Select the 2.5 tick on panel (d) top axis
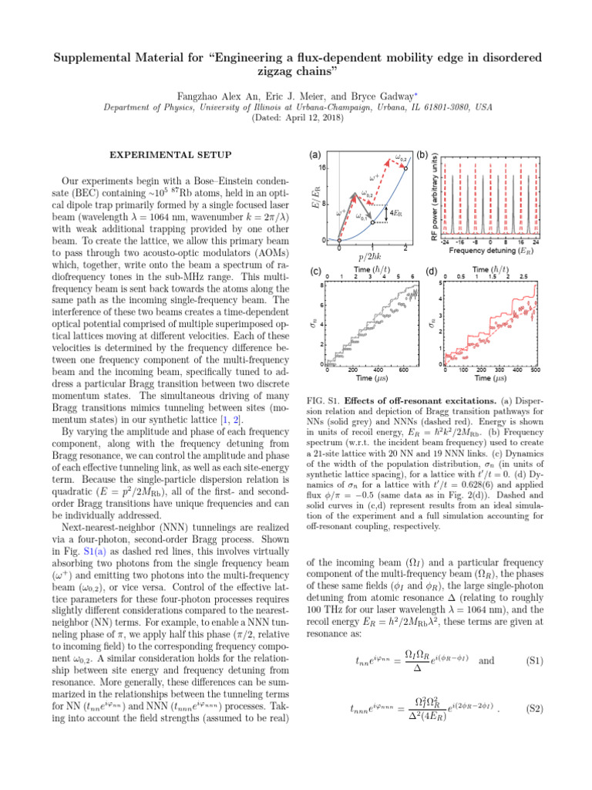[x=523, y=277]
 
